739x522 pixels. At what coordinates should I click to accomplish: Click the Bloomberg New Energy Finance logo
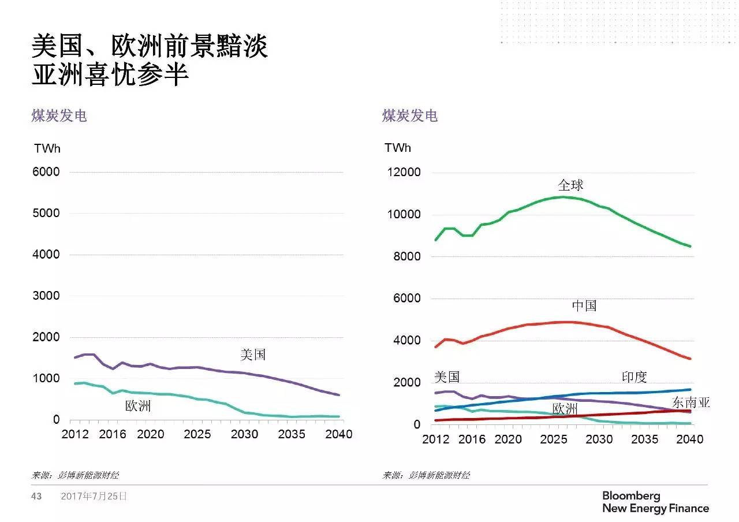pyautogui.click(x=655, y=502)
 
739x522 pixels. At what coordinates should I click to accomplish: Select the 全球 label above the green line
pyautogui.click(x=570, y=185)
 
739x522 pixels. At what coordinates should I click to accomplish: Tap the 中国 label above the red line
pyautogui.click(x=584, y=305)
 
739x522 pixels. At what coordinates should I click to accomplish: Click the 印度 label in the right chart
pyautogui.click(x=634, y=377)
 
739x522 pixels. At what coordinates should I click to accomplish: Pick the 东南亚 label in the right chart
pyautogui.click(x=691, y=402)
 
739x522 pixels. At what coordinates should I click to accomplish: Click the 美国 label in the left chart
pyautogui.click(x=253, y=355)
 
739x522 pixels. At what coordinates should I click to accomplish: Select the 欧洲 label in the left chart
pyautogui.click(x=138, y=406)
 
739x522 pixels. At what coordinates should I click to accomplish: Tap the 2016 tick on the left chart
pyautogui.click(x=112, y=434)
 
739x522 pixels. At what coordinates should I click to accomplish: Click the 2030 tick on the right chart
pyautogui.click(x=599, y=439)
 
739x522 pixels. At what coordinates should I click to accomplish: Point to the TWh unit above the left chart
pyautogui.click(x=47, y=148)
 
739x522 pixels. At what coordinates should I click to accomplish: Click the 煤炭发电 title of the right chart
pyautogui.click(x=410, y=116)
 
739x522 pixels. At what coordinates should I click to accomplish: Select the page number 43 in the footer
pyautogui.click(x=36, y=496)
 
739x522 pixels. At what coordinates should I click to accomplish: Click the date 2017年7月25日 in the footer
pyautogui.click(x=94, y=496)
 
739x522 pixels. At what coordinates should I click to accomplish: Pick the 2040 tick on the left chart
pyautogui.click(x=339, y=434)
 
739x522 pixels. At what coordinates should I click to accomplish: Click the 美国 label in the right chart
pyautogui.click(x=446, y=377)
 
